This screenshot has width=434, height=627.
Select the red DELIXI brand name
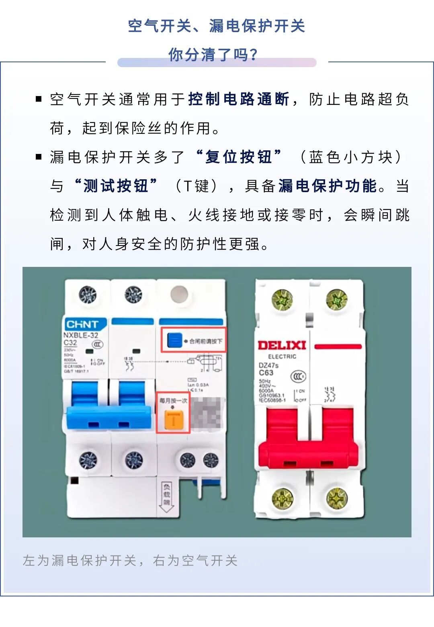282,345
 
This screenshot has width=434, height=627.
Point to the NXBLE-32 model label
81,335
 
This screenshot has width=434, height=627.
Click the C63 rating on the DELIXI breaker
266,373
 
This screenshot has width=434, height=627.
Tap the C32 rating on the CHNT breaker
70,343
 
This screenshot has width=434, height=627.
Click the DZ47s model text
268,365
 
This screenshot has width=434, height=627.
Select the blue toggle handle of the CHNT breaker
108,416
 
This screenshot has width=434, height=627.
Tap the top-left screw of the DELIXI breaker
282,300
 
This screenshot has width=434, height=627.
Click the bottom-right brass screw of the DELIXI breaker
337,498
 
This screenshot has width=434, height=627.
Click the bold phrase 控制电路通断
239,99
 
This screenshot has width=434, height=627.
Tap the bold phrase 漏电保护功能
328,186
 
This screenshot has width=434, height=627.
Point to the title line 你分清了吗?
213,55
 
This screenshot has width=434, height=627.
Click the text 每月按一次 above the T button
173,401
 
